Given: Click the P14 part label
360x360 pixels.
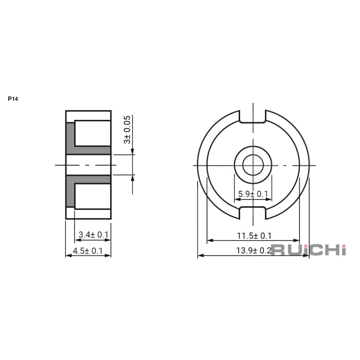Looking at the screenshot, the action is (13, 99).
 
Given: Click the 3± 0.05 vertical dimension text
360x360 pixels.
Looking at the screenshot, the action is (127, 130).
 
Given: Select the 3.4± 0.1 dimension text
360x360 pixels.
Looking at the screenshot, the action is (94, 235).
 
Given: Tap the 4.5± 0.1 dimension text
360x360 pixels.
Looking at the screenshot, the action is (88, 251).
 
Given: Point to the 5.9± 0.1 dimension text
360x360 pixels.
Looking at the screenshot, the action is (253, 194).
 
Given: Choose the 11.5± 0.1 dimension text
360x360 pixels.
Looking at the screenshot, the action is (254, 236).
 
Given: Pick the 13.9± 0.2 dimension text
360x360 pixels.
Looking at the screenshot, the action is (254, 250).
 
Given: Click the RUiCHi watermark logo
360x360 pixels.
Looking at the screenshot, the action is (309, 250).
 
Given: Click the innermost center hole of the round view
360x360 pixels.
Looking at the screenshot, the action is (253, 165).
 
